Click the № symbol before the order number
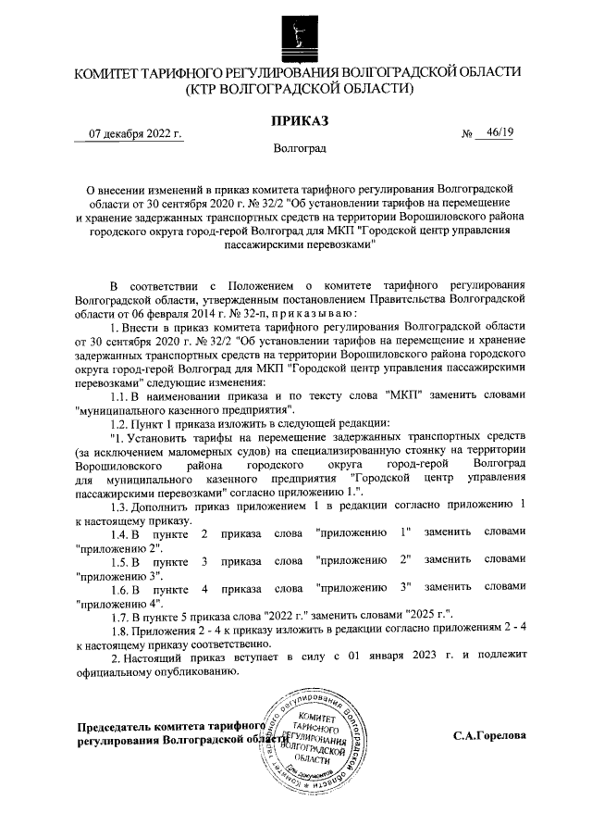tap(467, 134)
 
